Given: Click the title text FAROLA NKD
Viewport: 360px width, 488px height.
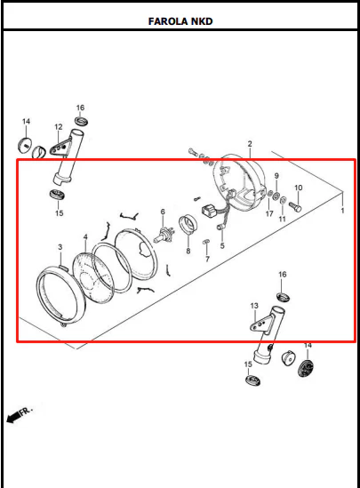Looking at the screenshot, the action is tap(180, 21).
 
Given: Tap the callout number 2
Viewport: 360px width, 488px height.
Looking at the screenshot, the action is tap(250, 144).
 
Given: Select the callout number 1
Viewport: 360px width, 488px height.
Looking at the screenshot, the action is tap(342, 211).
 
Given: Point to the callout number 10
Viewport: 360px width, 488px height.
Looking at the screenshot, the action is tap(298, 188).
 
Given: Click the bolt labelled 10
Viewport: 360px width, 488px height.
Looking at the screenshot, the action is tap(295, 206).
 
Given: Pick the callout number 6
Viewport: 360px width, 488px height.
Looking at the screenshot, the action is tap(163, 212).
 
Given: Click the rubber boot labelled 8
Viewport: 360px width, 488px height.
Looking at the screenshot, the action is tap(188, 225).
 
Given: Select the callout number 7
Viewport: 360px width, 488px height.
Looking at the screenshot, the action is tap(207, 259).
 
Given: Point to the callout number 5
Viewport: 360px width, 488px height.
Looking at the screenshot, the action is tap(222, 245).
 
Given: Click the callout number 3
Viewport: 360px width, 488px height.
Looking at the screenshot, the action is tap(60, 247).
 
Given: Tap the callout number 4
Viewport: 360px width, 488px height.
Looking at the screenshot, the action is tap(85, 237).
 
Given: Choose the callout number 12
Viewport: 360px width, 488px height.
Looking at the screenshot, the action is tap(58, 127).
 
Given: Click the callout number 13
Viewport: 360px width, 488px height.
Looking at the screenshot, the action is tap(254, 306).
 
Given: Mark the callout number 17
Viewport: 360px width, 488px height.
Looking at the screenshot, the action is tap(269, 213).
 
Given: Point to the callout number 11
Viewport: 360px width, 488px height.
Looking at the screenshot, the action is tap(282, 219).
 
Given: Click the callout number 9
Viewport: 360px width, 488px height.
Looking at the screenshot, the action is tap(276, 176).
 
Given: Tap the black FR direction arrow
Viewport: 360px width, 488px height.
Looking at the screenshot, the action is tap(20, 414).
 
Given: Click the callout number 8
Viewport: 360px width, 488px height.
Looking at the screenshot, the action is tap(188, 251).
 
